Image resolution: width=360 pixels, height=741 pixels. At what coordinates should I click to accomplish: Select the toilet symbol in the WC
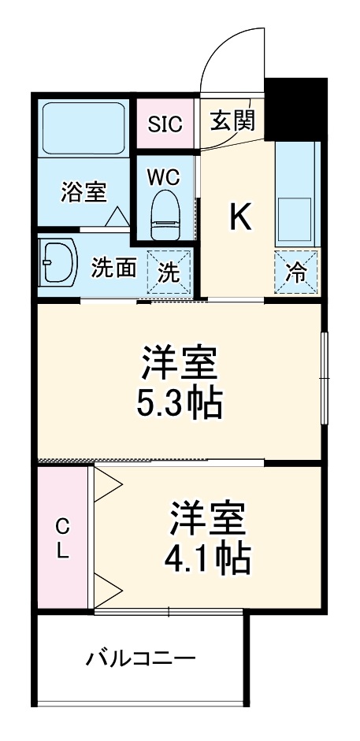[x=165, y=216]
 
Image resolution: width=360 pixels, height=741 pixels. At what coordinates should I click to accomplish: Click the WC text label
[x=164, y=176]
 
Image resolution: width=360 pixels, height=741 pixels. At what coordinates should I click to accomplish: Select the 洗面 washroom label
[x=113, y=268]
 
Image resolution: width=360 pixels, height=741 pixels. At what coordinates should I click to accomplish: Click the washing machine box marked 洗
[x=169, y=272]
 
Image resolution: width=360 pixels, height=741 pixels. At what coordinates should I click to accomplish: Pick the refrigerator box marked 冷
[x=297, y=272]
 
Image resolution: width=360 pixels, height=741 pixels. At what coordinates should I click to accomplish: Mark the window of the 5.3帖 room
[x=323, y=379]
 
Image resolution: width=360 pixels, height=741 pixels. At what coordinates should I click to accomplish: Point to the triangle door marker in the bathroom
[x=117, y=217]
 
